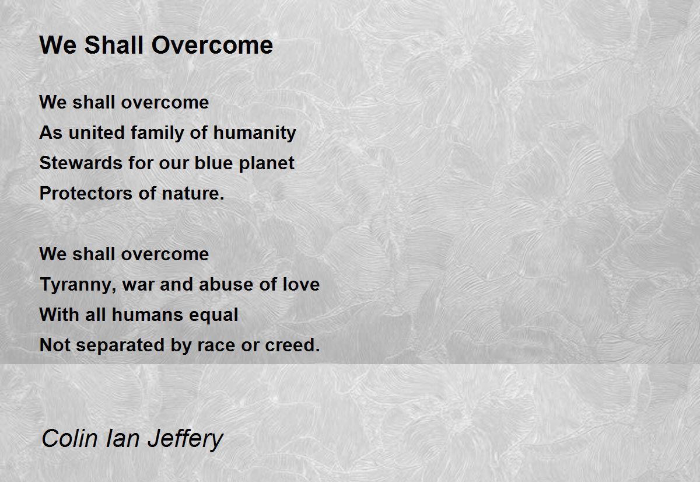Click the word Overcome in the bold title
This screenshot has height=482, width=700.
(212, 46)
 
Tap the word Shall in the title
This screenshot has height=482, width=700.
(114, 45)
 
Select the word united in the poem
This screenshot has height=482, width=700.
(96, 132)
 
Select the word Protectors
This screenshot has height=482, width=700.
(86, 193)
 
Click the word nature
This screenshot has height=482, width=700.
(193, 194)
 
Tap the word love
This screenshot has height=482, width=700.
(301, 284)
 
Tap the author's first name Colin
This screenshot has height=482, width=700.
(69, 439)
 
